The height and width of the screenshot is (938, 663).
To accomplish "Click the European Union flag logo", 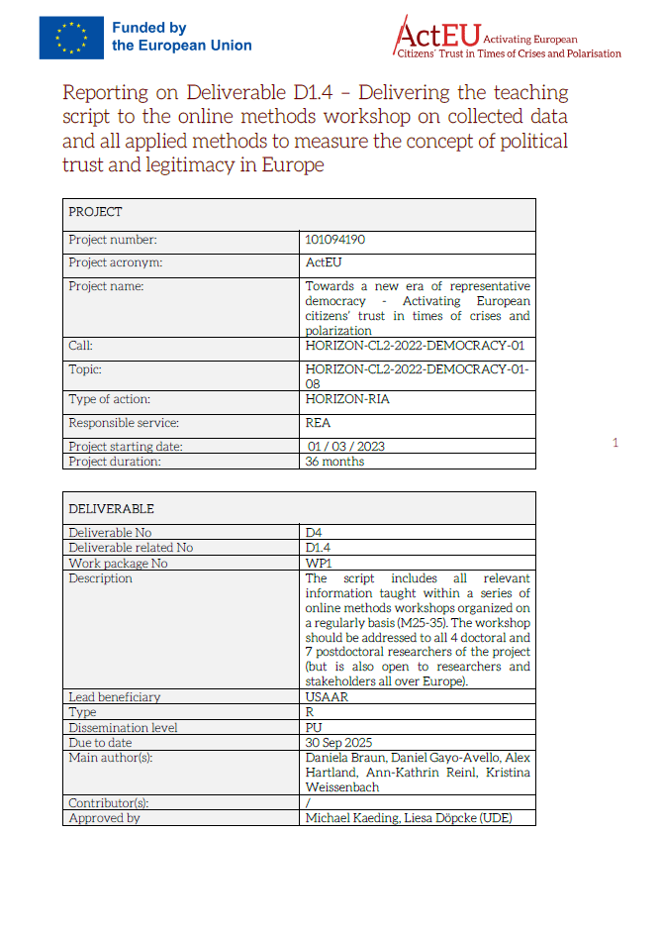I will [x=70, y=38].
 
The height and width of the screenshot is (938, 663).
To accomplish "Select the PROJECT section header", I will [x=96, y=212].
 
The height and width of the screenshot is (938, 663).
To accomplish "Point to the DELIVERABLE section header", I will [x=112, y=508].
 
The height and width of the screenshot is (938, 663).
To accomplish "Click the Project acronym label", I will [x=116, y=262].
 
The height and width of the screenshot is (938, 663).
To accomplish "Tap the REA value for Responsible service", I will [x=319, y=422].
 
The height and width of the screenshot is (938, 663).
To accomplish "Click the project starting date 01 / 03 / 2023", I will [x=346, y=446].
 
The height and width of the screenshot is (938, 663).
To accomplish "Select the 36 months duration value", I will [x=334, y=461].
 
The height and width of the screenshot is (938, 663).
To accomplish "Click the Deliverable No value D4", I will [x=314, y=532].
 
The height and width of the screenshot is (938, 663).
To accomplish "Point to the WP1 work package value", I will [x=317, y=563].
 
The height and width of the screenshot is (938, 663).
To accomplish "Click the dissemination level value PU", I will [x=314, y=727].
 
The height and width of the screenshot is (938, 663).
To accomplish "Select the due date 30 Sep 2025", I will [x=340, y=742].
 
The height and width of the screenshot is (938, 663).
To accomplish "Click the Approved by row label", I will [x=104, y=818].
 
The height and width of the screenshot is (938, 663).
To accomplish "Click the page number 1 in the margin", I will [x=615, y=443].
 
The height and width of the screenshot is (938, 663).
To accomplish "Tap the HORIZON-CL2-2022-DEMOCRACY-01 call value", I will [x=415, y=347].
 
